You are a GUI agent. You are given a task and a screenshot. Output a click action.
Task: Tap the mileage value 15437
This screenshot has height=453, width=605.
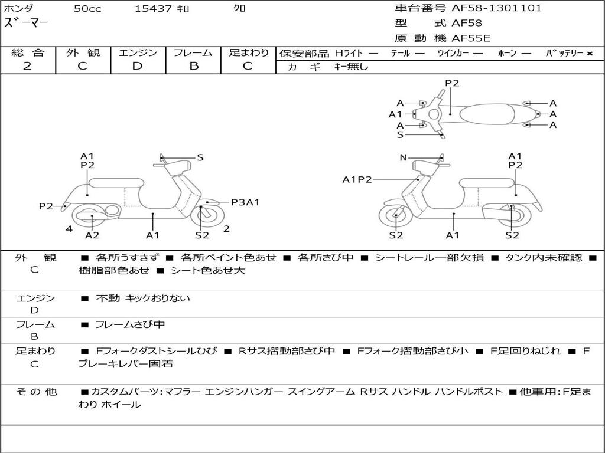click(x=153, y=9)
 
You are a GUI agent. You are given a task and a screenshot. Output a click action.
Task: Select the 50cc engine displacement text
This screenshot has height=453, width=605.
click(x=87, y=9)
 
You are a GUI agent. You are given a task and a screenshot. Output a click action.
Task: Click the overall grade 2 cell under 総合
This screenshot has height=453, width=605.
click(x=27, y=66)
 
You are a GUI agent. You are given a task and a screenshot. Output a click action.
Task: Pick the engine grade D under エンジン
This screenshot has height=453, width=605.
click(x=137, y=66)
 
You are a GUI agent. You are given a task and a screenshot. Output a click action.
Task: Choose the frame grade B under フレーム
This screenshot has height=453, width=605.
click(x=193, y=66)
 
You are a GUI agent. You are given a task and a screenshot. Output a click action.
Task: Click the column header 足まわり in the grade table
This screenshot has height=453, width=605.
click(x=248, y=53)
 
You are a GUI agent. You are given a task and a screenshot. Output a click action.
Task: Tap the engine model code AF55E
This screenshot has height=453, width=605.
click(x=471, y=38)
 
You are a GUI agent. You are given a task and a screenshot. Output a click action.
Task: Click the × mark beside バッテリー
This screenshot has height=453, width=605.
click(x=589, y=54)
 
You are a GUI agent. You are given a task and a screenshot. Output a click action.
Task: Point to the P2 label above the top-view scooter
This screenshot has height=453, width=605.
click(x=452, y=83)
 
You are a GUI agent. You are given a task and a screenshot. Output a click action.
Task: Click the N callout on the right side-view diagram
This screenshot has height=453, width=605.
click(x=404, y=157)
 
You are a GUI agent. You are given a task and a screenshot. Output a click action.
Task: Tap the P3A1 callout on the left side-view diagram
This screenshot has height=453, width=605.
click(x=245, y=202)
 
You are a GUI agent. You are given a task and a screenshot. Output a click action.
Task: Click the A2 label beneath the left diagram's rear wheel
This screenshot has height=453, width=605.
click(x=92, y=235)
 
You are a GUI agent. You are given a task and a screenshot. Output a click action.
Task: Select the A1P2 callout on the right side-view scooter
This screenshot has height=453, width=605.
click(x=357, y=179)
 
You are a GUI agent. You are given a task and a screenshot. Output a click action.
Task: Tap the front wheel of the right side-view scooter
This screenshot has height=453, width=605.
click(x=395, y=218)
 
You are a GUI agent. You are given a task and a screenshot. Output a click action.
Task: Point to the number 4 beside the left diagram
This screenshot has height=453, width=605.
click(x=69, y=229)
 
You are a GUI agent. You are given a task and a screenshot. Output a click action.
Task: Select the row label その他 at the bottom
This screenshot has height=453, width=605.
click(x=36, y=391)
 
